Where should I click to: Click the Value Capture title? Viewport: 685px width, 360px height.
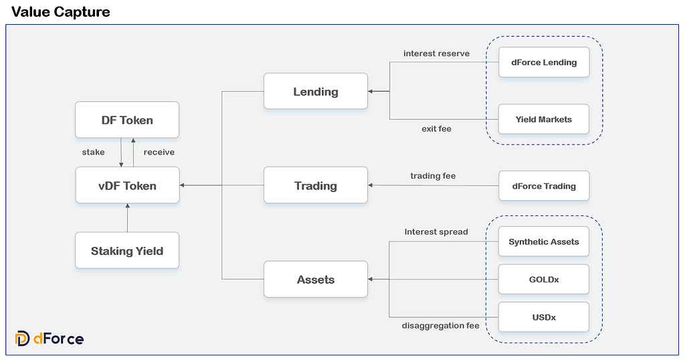coord(61,12)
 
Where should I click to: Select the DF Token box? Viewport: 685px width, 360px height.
coord(127,120)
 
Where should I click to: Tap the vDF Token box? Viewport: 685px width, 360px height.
coord(127,185)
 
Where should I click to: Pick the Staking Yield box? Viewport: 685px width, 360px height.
coord(127,251)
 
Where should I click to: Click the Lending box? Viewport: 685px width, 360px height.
coord(316,92)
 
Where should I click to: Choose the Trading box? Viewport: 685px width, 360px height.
coord(316,185)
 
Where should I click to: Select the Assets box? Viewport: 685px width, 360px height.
coord(316,280)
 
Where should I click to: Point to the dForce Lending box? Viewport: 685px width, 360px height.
coord(544,63)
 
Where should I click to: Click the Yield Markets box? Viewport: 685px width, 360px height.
coord(544,119)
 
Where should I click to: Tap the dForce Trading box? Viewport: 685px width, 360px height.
coord(544,185)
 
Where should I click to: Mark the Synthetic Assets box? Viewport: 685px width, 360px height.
coord(544,242)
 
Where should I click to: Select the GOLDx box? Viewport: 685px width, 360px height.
coord(544,279)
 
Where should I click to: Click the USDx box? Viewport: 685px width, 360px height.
coord(544,317)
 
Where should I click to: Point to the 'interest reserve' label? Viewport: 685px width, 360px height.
coord(436,54)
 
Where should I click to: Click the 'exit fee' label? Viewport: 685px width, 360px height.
coord(436,128)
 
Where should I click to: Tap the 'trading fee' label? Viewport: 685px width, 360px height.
coord(433,176)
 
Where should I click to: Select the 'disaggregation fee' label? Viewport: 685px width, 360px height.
coord(440,326)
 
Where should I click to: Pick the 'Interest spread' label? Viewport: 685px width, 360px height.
coord(436,232)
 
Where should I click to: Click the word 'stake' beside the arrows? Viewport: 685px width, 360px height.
coord(93,153)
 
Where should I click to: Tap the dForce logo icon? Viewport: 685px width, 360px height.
coord(22,339)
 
